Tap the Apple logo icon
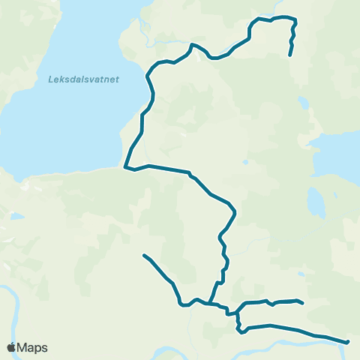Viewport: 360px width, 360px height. (x=12, y=347)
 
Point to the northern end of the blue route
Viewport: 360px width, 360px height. (x=290, y=54)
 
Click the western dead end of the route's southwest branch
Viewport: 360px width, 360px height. (x=143, y=256)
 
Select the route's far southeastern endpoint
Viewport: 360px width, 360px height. (x=348, y=342)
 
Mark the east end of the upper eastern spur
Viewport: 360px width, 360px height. (x=301, y=304)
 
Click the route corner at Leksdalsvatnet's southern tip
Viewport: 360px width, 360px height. (x=125, y=167)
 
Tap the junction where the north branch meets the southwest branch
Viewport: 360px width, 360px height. (x=212, y=304)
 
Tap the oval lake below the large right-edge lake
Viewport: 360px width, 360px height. (x=316, y=201)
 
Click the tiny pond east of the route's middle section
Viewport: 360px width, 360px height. (x=245, y=162)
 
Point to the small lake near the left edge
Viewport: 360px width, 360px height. (x=15, y=217)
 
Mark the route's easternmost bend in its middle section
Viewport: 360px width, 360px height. (x=236, y=211)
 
